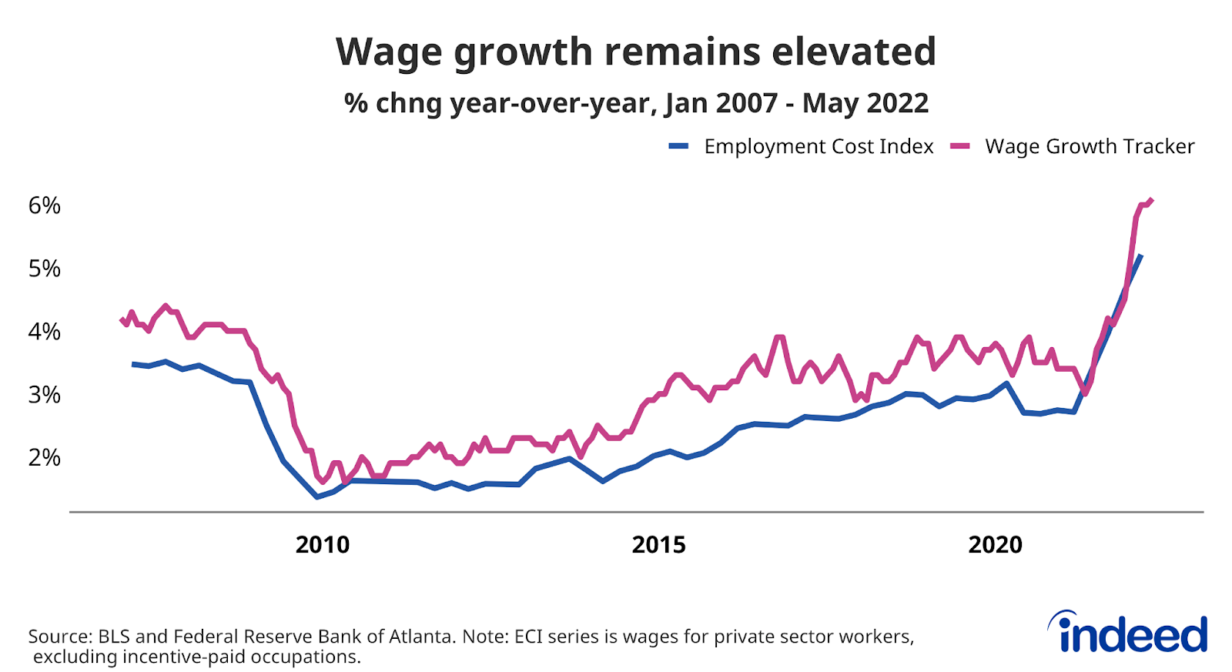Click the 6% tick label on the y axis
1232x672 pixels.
coord(44,206)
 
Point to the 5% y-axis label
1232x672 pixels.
coord(44,269)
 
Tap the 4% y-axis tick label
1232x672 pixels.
coord(44,332)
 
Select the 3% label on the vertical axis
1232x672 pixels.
coord(44,395)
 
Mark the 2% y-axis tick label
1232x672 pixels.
coord(44,457)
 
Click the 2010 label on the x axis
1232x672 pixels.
coord(323,545)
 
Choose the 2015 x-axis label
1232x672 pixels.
coord(658,545)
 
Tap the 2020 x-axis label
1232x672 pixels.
coord(995,545)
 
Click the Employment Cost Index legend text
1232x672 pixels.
coord(819,146)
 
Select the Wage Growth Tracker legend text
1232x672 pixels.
coord(1090,146)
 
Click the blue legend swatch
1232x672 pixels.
coord(678,146)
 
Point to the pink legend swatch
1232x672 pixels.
coord(959,146)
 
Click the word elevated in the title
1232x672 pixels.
coord(854,52)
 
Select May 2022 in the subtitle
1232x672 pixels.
coord(865,103)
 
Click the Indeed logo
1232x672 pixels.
coord(1128,634)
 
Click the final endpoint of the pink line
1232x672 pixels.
coord(1151,200)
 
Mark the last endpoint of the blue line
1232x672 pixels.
coord(1140,256)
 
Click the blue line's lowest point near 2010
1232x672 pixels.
coord(316,497)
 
